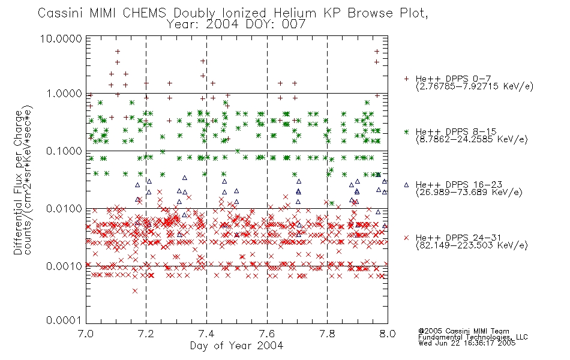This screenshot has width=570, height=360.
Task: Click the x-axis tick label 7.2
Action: coord(146,334)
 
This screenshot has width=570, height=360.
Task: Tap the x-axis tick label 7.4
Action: coord(206,334)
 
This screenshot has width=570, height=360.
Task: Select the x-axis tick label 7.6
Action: coord(267,334)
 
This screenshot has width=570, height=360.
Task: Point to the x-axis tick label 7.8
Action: coord(327,334)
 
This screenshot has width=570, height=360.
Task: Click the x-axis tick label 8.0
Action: coord(388,334)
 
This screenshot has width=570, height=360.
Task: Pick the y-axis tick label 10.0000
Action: coord(61,38)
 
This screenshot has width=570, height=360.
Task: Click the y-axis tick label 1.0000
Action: coord(64,94)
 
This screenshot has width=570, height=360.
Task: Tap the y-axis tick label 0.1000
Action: coord(64,151)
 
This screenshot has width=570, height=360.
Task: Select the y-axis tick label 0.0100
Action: coord(64,209)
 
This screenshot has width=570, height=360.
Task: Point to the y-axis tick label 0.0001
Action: coord(64,320)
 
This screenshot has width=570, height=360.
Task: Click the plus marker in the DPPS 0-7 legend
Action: coord(406,79)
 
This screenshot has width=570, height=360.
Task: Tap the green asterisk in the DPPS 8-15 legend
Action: coord(406,131)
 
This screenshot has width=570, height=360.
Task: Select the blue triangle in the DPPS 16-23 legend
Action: coord(406,185)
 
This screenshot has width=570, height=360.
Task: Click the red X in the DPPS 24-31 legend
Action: coord(406,238)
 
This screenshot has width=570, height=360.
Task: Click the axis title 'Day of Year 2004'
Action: coord(236,346)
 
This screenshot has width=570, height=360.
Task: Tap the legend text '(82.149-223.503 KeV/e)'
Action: coord(472,245)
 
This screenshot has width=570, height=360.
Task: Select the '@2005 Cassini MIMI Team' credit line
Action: coord(464,331)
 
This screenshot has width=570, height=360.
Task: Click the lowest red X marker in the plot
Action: coord(135,291)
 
